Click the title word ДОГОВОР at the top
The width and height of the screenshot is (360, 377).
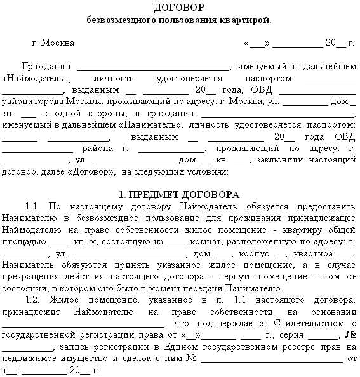pos(179,8)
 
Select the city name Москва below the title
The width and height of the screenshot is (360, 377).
pos(57,43)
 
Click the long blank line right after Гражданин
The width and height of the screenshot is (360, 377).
pos(155,67)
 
